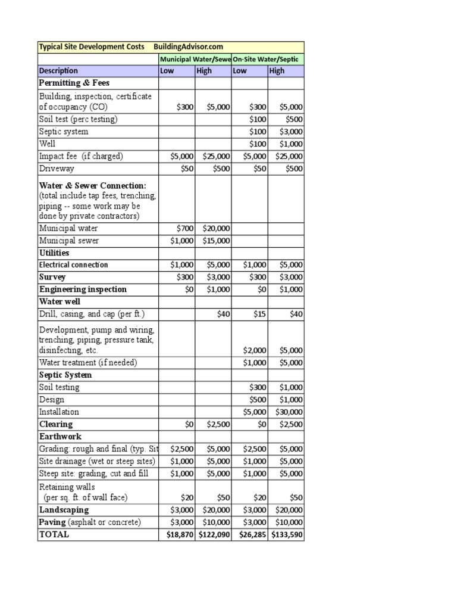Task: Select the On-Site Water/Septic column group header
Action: [268, 59]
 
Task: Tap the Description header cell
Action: [59, 71]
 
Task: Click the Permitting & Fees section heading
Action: [74, 83]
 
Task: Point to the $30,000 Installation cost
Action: [289, 412]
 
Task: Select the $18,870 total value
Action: [180, 534]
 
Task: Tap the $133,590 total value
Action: [287, 534]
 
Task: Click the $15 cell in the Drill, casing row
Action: [260, 314]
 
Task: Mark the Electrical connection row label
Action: [74, 265]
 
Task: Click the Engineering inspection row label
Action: [83, 290]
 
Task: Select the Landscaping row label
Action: [64, 510]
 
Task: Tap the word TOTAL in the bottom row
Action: [54, 534]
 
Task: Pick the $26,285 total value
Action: [252, 534]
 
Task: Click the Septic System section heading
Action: [65, 375]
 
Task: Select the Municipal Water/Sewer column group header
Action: [195, 59]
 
